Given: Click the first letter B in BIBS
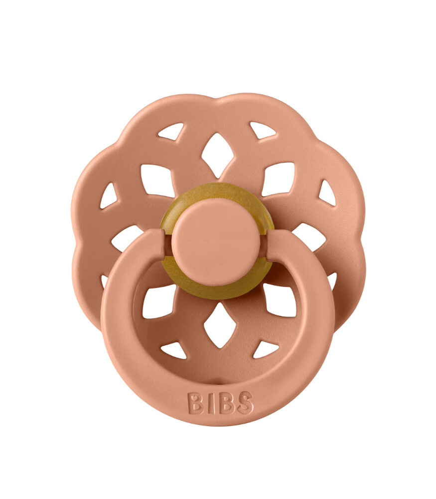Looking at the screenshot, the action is point(195,403).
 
